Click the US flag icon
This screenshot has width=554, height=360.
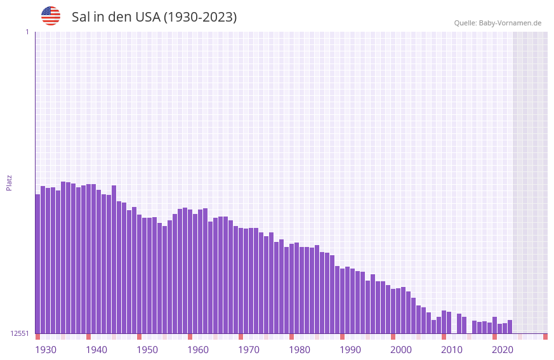[x=51, y=16]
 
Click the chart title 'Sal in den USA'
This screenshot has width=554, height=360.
[x=154, y=17]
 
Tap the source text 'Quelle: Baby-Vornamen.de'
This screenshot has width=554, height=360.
[x=498, y=23]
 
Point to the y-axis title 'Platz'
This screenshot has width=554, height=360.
[x=9, y=182]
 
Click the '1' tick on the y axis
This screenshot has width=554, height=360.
[x=27, y=32]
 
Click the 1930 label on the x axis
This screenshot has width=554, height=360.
[x=46, y=350]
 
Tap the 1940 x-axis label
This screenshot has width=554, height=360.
[x=96, y=350]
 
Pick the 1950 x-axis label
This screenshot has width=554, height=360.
[x=147, y=350]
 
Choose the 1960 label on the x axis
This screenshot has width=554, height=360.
[x=198, y=350]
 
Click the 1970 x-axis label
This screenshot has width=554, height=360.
[x=249, y=350]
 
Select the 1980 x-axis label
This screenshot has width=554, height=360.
[x=300, y=350]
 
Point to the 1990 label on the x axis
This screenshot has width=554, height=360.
[x=350, y=350]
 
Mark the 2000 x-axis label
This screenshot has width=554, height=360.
[x=401, y=350]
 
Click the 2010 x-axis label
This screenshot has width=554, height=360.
[x=452, y=350]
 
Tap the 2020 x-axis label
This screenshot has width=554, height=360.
[x=503, y=350]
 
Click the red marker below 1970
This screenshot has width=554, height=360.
[x=241, y=337]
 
